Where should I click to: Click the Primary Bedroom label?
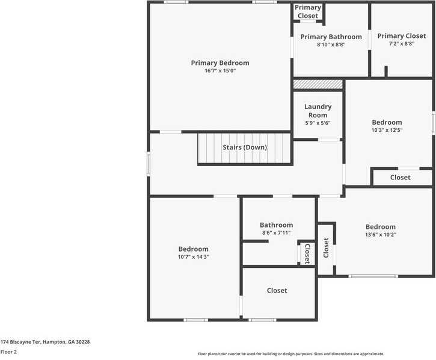pyautogui.click(x=220, y=63)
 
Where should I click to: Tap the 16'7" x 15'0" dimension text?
pyautogui.click(x=220, y=71)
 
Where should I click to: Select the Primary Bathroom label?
pyautogui.click(x=331, y=37)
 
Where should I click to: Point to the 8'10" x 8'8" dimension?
pyautogui.click(x=331, y=45)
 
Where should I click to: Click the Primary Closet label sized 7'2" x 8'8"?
pyautogui.click(x=401, y=36)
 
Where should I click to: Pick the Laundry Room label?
pyautogui.click(x=318, y=111)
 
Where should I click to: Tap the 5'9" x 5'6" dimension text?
pyautogui.click(x=318, y=123)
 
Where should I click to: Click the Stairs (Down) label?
pyautogui.click(x=245, y=147)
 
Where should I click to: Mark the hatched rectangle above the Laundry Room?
pyautogui.click(x=318, y=84)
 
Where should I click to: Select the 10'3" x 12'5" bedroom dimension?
pyautogui.click(x=387, y=129)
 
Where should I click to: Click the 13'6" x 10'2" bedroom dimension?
pyautogui.click(x=381, y=235)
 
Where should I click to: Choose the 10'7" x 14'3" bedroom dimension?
pyautogui.click(x=193, y=256)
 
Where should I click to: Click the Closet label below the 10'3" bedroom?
pyautogui.click(x=400, y=178)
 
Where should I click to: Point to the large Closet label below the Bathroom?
pyautogui.click(x=277, y=290)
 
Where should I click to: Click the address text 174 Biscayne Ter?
pyautogui.click(x=45, y=341)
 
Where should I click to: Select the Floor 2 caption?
pyautogui.click(x=8, y=352)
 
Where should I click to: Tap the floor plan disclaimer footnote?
pyautogui.click(x=290, y=354)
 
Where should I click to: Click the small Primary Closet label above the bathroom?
pyautogui.click(x=307, y=11)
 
